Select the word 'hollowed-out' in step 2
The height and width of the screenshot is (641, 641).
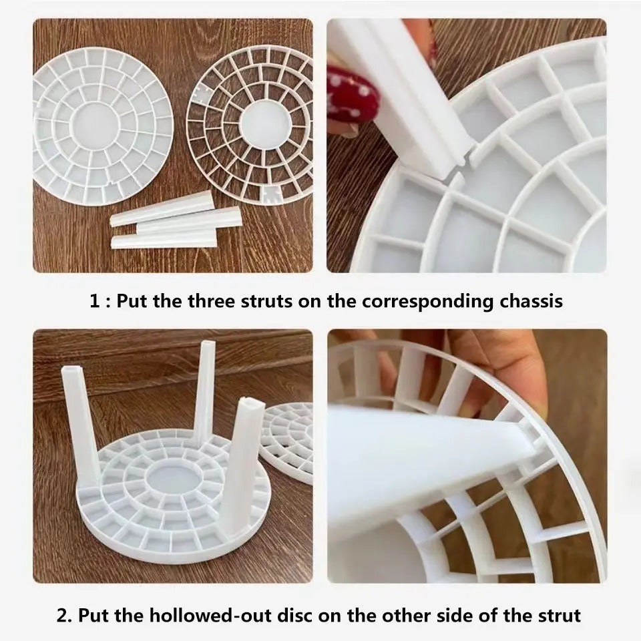[179, 616]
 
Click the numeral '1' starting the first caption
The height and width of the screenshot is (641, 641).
[95, 301]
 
